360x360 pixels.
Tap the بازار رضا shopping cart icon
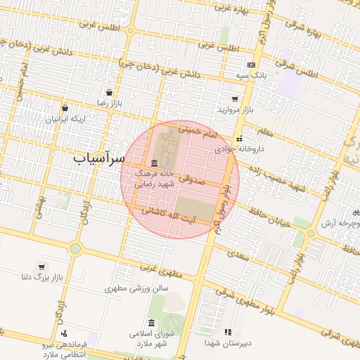[x=110, y=92]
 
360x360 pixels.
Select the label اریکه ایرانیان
[x=65, y=119]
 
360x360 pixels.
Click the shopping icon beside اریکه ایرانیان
[x=65, y=108]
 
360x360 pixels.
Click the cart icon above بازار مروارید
[x=234, y=99]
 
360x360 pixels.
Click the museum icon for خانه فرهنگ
[x=154, y=162]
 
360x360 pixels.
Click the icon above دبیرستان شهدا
[x=227, y=331]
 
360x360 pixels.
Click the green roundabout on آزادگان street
[x=75, y=248]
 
